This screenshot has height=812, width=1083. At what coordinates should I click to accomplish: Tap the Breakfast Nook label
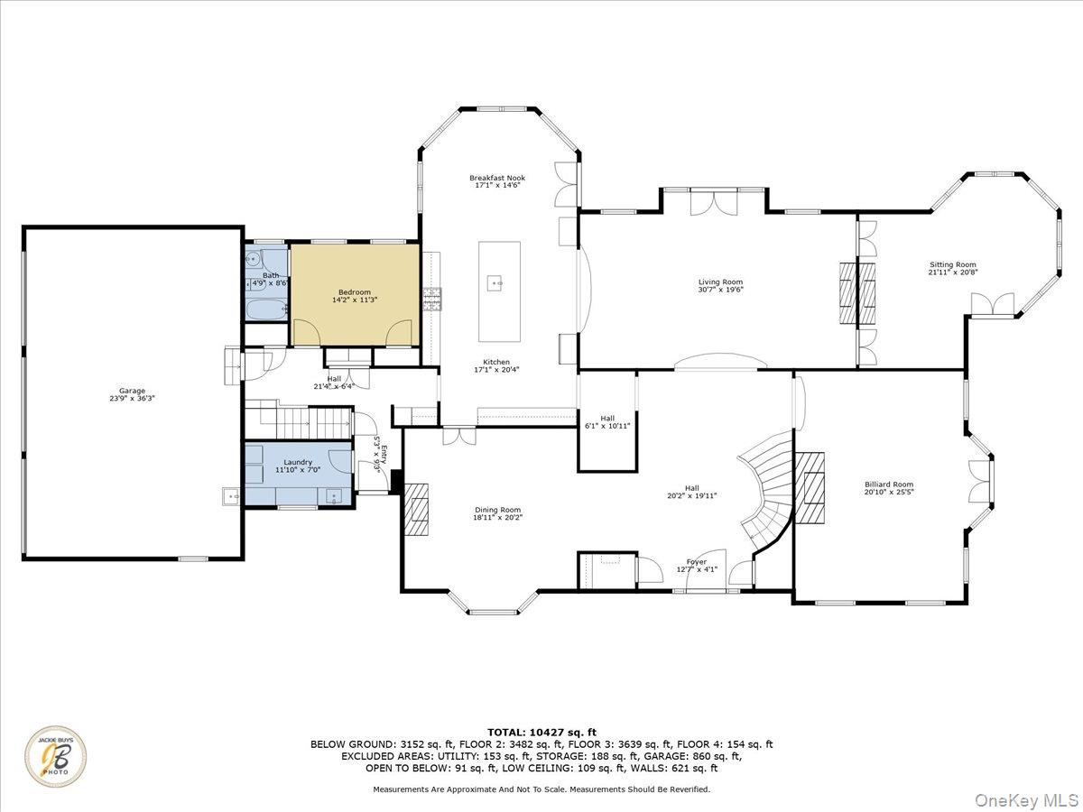coord(496,178)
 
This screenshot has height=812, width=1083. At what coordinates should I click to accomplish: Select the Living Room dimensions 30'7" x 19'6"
coord(720,291)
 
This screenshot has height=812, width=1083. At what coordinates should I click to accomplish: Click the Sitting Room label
coord(953,265)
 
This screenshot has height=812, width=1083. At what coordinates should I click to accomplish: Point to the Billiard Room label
coord(888,484)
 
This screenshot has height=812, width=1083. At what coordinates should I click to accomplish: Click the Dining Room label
coord(497,510)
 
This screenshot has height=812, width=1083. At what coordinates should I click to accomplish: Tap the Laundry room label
coord(298,462)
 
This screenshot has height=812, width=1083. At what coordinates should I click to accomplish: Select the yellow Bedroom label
coord(354,292)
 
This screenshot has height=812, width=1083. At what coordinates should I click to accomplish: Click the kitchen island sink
coord(495,283)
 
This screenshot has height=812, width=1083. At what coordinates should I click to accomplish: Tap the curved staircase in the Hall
coord(765,487)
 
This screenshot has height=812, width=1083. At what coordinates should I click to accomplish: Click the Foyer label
coord(696,562)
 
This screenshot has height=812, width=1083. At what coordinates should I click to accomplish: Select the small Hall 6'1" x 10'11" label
coord(607,422)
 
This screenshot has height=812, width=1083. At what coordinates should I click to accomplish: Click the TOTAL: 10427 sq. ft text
coord(541,732)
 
